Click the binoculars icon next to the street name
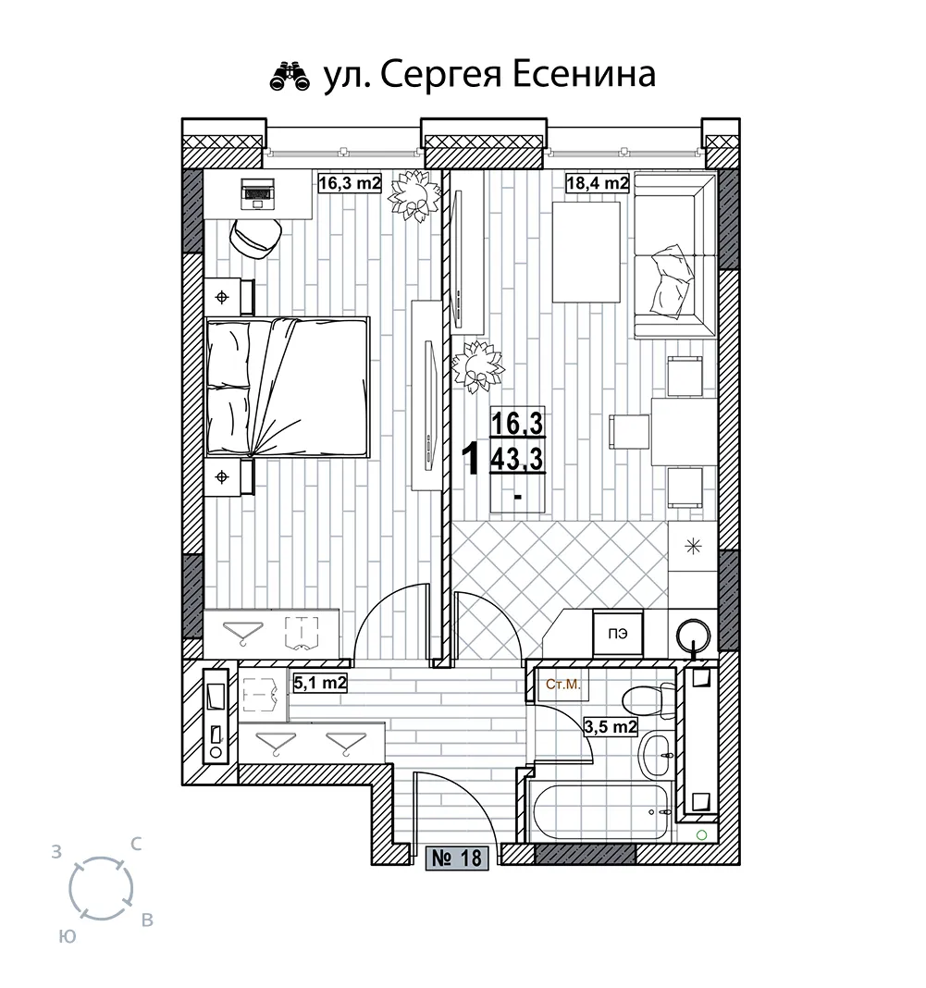(290, 77)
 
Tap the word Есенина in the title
(583, 75)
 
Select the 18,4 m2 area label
(598, 183)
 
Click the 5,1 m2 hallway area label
(321, 683)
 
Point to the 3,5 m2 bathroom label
(611, 727)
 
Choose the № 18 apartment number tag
(457, 858)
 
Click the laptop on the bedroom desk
(258, 192)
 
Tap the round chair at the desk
(255, 238)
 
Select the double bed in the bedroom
(288, 387)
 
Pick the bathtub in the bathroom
(599, 811)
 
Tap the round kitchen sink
(694, 636)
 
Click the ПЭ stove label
(618, 634)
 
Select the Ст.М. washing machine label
(563, 685)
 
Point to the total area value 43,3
(517, 460)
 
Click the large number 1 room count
(471, 458)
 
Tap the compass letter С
(135, 844)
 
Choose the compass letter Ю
(68, 937)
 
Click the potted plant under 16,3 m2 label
(413, 196)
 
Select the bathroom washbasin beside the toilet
(656, 755)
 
